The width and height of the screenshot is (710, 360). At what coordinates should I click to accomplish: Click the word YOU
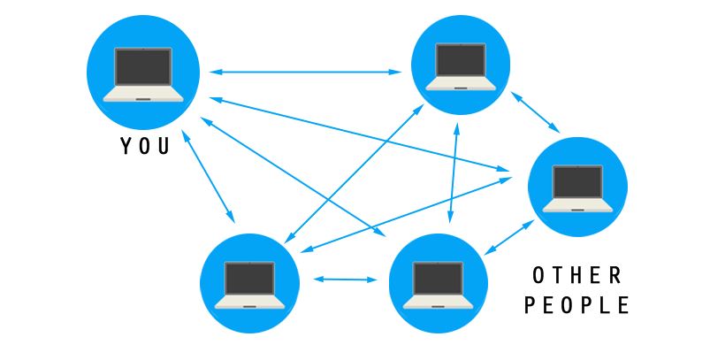[x=144, y=146]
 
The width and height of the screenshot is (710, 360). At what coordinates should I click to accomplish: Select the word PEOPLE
[x=576, y=305]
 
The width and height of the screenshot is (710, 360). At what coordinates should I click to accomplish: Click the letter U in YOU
[x=164, y=146]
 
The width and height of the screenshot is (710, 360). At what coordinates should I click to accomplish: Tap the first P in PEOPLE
[x=531, y=305]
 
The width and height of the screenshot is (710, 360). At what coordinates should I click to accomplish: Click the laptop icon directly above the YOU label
[x=142, y=75]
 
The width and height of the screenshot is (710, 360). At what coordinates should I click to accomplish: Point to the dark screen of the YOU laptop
[x=143, y=67]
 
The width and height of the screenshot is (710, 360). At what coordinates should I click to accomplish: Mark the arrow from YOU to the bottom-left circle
[x=210, y=176]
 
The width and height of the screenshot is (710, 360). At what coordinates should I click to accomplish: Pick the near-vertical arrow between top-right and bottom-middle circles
[x=454, y=172]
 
